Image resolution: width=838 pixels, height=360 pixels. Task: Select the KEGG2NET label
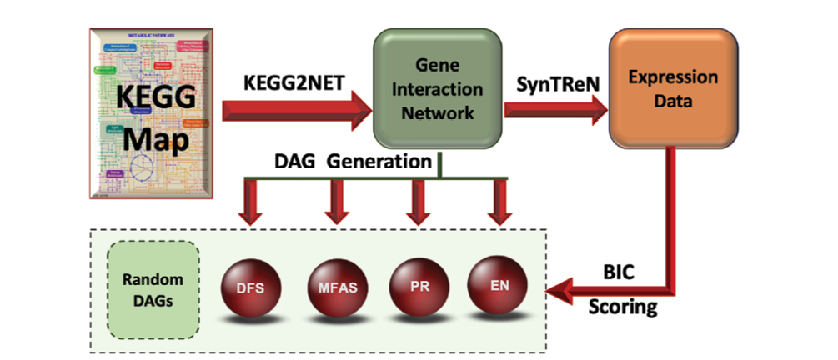[289, 85]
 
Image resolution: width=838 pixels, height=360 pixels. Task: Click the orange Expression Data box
[674, 87]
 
